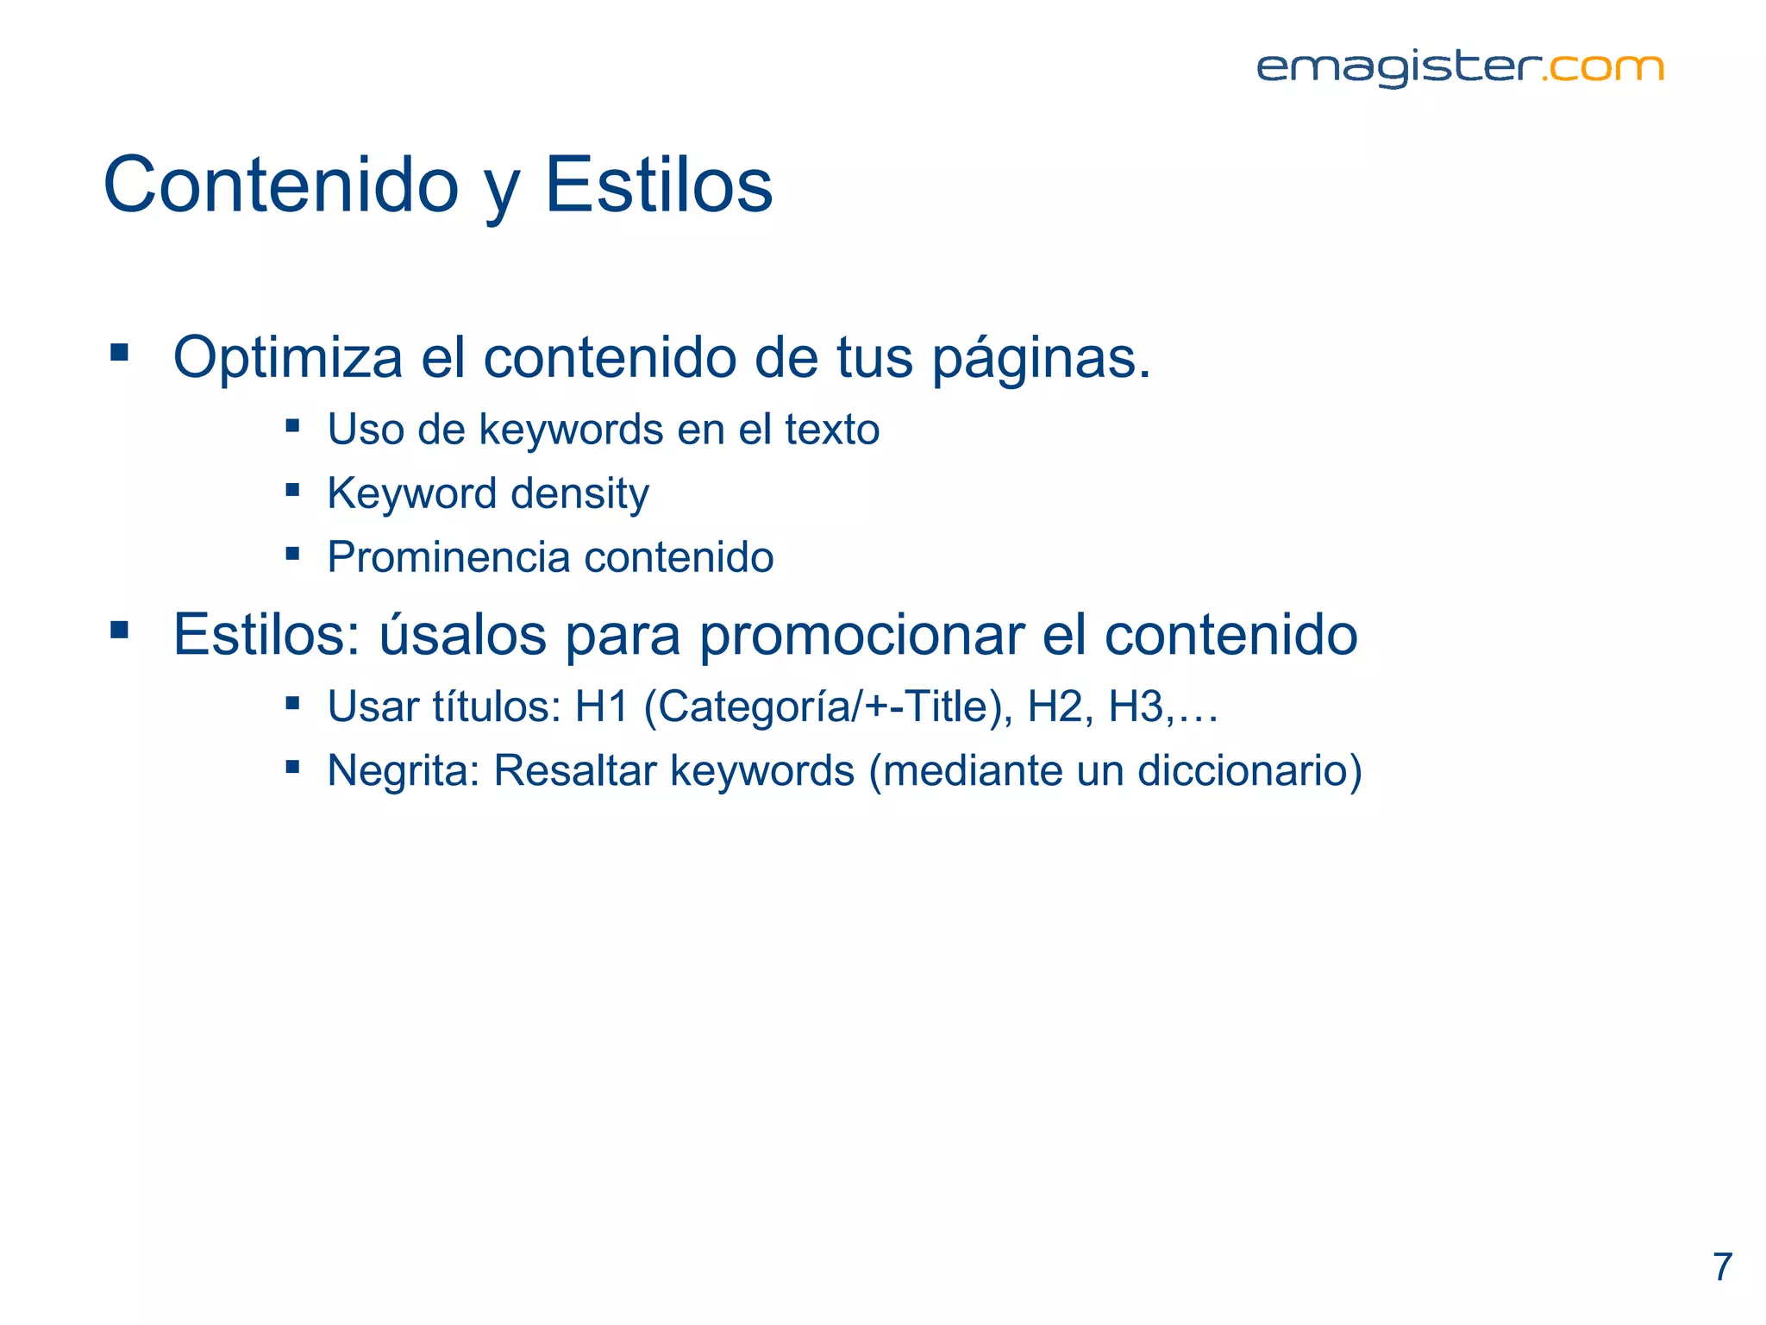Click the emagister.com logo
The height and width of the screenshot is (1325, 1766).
tap(1459, 68)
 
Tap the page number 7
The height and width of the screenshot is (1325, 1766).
tap(1722, 1267)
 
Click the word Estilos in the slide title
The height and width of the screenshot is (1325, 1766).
tap(659, 185)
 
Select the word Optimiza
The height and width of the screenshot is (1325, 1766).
tap(288, 357)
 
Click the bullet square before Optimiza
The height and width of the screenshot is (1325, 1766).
tap(120, 352)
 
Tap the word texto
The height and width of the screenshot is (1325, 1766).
tap(832, 430)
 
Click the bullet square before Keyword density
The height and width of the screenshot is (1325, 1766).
tap(293, 490)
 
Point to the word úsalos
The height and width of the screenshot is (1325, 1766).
tap(463, 635)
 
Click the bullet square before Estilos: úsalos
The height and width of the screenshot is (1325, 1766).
tap(120, 631)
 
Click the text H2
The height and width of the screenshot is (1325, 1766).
tap(1055, 706)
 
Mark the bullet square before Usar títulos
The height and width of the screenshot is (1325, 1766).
tap(293, 703)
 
